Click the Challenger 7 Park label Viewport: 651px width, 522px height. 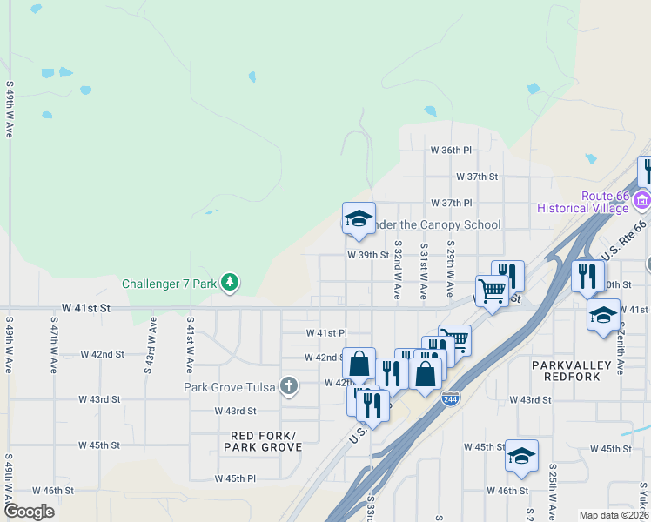coord(170,284)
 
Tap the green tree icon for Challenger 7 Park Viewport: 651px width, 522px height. coord(230,282)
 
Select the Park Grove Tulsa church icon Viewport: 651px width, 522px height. coord(289,385)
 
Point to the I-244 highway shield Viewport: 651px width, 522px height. coord(450,398)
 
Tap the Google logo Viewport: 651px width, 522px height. coord(29,512)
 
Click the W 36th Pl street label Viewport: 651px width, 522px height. coord(451,151)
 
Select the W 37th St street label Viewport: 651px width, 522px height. coord(476,177)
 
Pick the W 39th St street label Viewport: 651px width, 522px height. coord(367,256)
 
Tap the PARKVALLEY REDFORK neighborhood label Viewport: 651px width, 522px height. coord(571,371)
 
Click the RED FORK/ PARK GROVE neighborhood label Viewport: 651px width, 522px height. coord(263,441)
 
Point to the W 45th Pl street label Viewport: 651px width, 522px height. coord(235,478)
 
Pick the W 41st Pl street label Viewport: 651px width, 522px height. coord(326,333)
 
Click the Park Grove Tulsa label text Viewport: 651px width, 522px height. coord(229,387)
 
